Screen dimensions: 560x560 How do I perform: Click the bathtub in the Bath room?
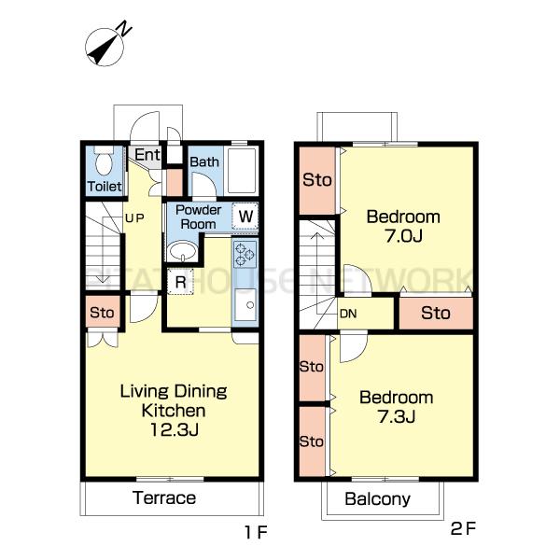click(x=242, y=171)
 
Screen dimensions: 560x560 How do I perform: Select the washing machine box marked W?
click(x=245, y=217)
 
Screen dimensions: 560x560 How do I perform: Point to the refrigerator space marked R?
click(x=180, y=282)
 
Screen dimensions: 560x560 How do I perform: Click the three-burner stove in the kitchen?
click(x=245, y=254)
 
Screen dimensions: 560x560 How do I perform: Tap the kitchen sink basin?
click(x=245, y=304)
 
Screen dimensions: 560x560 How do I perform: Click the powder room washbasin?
click(x=183, y=251)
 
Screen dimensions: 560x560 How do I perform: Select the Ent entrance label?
click(x=147, y=155)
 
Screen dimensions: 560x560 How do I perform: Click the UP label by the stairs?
click(x=134, y=217)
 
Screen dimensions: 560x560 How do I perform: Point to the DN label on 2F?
click(x=348, y=314)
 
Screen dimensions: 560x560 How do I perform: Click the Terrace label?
click(x=164, y=497)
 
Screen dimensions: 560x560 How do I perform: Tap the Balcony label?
click(x=377, y=499)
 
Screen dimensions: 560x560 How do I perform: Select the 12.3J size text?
click(x=174, y=429)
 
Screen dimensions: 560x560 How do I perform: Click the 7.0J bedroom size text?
click(x=403, y=236)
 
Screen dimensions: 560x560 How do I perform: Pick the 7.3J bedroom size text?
click(x=397, y=416)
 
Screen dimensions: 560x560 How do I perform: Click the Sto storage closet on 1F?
click(x=103, y=312)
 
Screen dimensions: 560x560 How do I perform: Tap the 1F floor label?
click(x=256, y=533)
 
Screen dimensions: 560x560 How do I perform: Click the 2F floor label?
click(x=463, y=528)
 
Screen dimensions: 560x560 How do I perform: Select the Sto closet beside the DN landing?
click(x=436, y=314)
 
